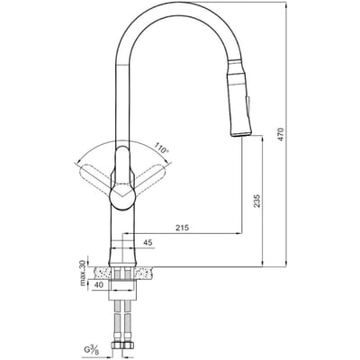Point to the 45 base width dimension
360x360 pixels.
coord(147,241)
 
